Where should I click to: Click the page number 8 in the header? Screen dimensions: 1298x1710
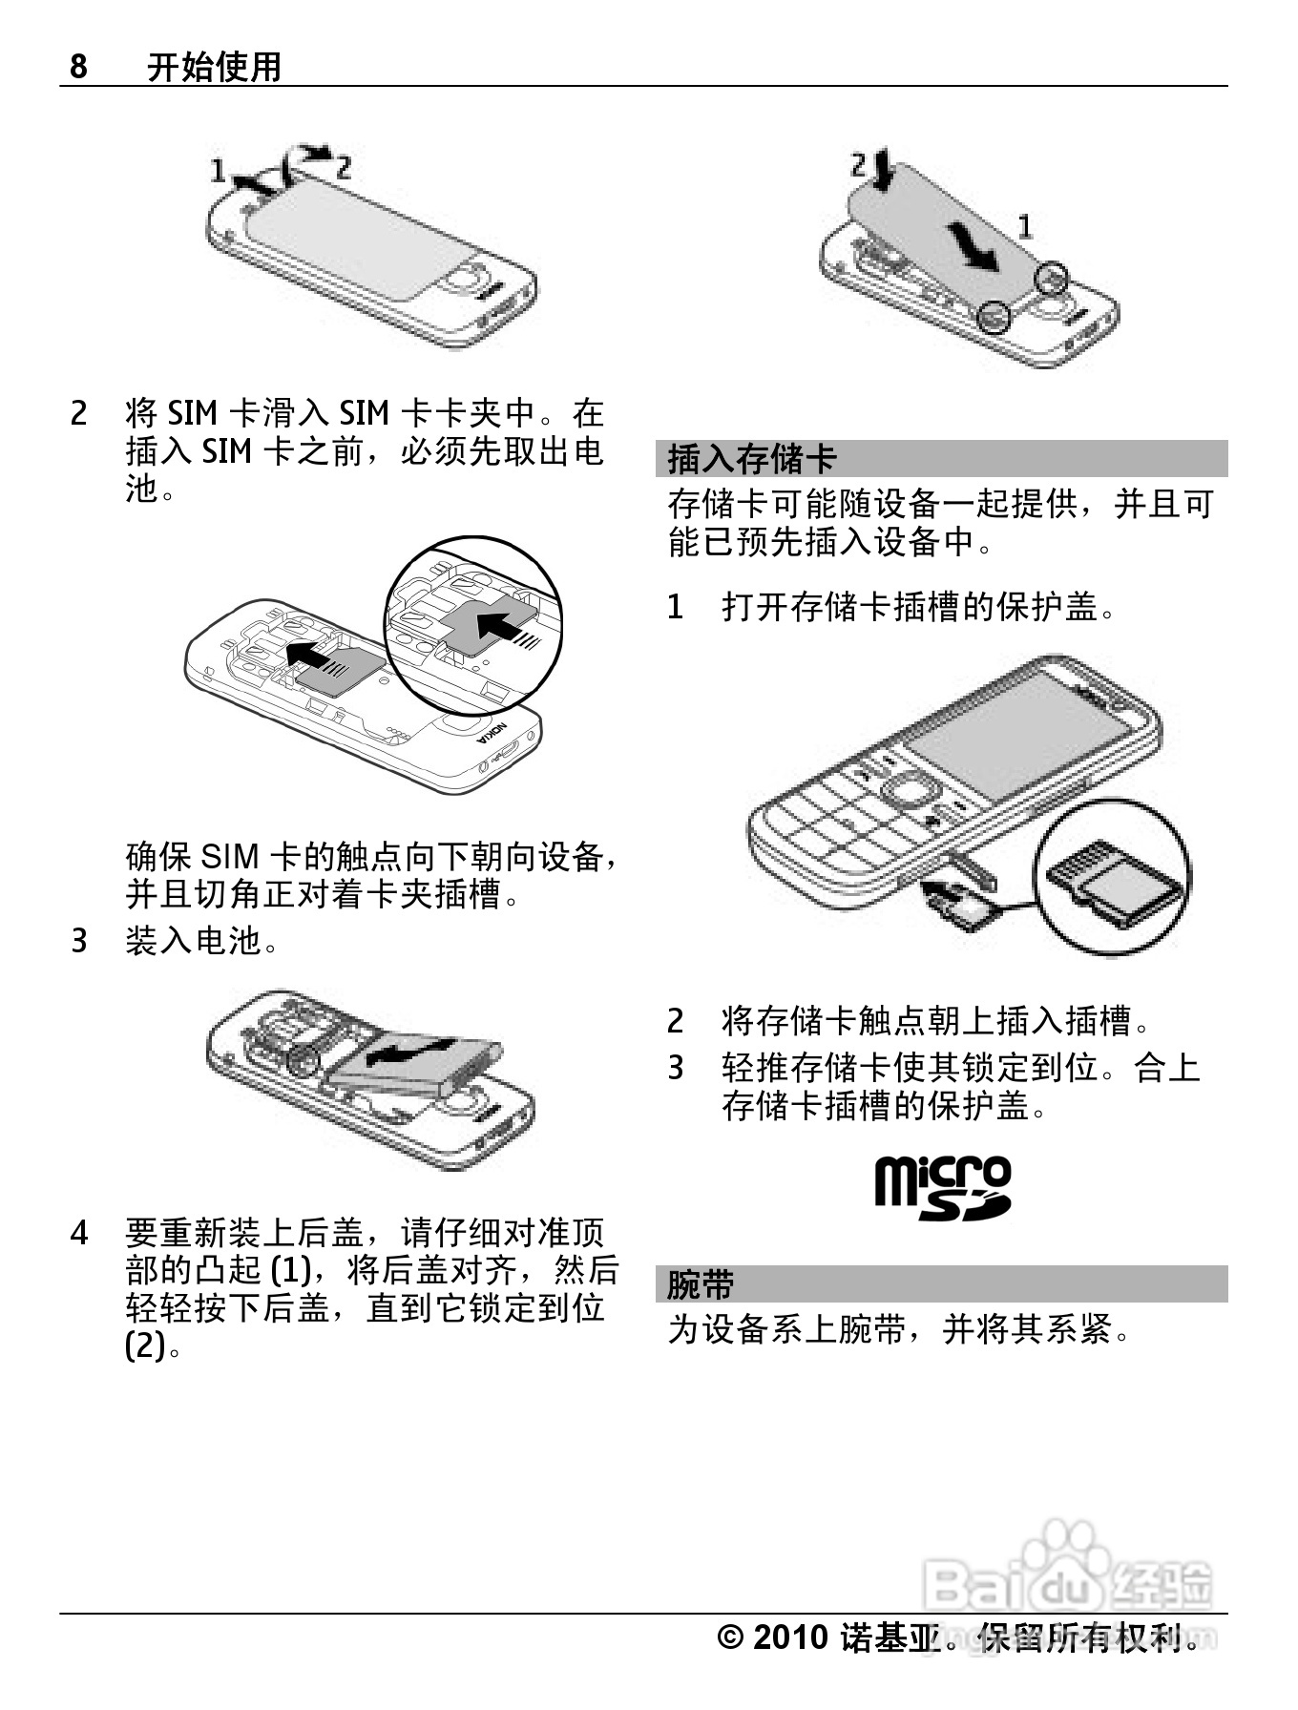pyautogui.click(x=79, y=67)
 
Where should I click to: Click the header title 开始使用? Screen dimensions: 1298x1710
pyautogui.click(x=214, y=67)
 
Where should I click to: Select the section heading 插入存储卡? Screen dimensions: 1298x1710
pyautogui.click(x=752, y=459)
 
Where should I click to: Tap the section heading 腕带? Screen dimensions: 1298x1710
pyautogui.click(x=700, y=1284)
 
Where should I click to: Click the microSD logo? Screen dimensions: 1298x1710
pyautogui.click(x=942, y=1187)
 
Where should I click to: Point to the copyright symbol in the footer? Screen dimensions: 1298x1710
pyautogui.click(x=730, y=1637)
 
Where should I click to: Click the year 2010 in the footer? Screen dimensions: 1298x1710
pyautogui.click(x=790, y=1637)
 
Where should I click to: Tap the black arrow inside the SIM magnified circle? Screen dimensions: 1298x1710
pyautogui.click(x=501, y=626)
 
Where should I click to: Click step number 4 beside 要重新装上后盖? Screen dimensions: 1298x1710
pyautogui.click(x=79, y=1233)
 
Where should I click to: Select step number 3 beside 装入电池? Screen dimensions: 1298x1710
pyautogui.click(x=79, y=941)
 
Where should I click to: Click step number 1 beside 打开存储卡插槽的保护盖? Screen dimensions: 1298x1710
pyautogui.click(x=676, y=606)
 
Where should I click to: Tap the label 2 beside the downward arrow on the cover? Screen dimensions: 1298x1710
pyautogui.click(x=858, y=164)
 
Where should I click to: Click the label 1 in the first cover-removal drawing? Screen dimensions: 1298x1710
pyautogui.click(x=218, y=171)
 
